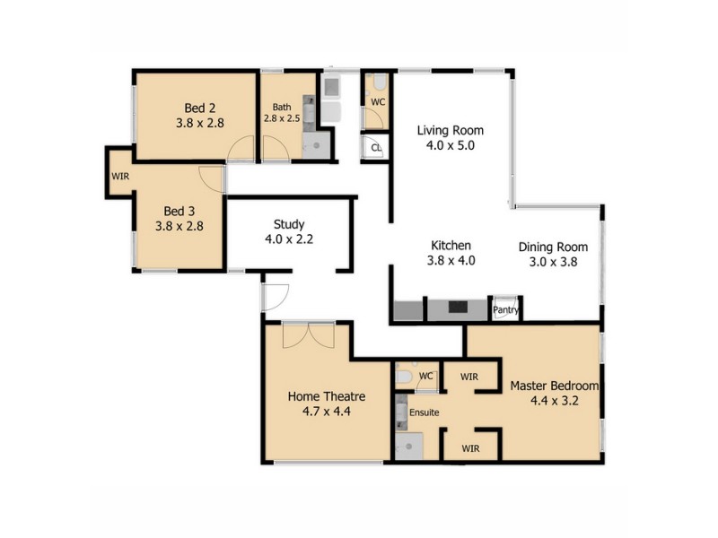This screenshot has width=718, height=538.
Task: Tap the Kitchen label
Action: tap(451, 245)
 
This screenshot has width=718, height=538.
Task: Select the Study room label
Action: tap(288, 224)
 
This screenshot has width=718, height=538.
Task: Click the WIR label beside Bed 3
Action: tap(120, 177)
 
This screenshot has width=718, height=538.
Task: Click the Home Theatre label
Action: tap(324, 395)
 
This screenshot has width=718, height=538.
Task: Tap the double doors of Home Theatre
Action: tap(307, 336)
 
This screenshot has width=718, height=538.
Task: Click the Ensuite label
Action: tap(425, 412)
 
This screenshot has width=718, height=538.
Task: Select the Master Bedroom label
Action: tap(554, 386)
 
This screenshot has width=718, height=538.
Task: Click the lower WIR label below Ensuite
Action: tap(471, 447)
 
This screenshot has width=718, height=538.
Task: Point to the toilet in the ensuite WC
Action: tap(404, 377)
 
